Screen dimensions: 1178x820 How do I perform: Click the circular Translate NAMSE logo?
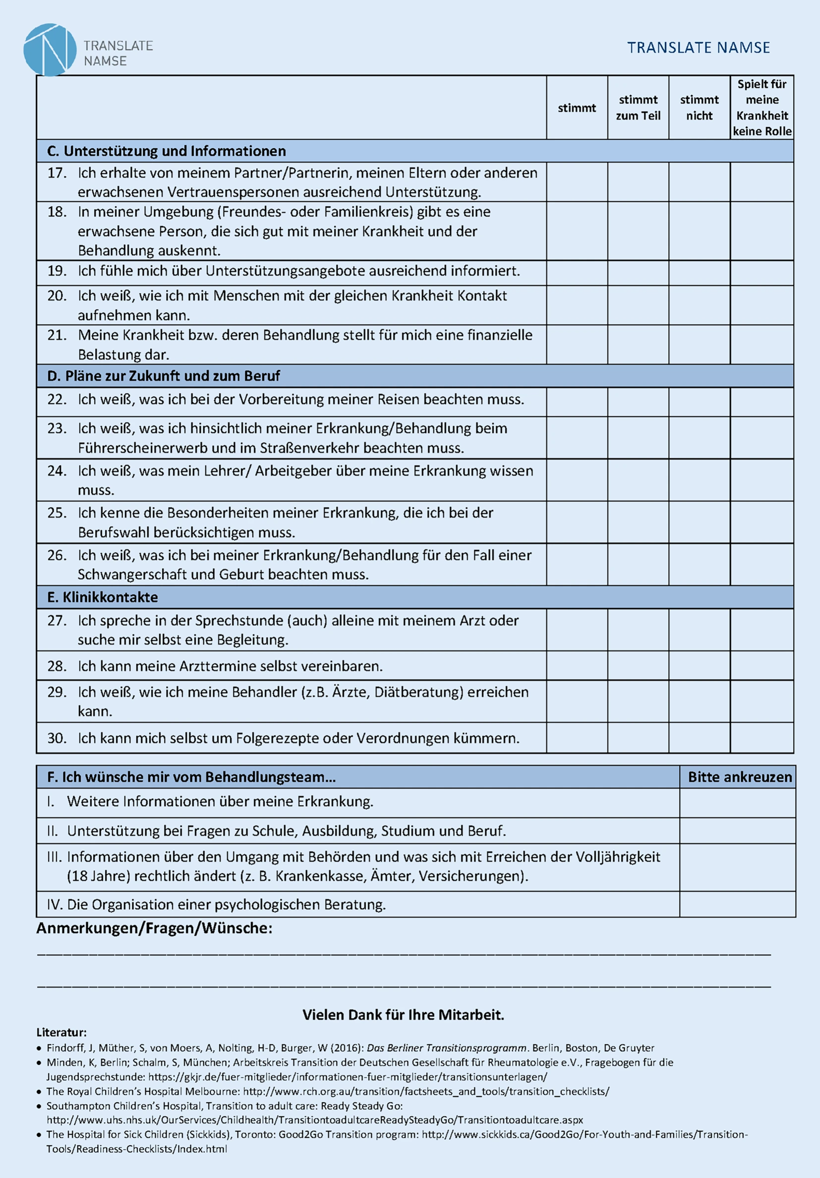coord(50,50)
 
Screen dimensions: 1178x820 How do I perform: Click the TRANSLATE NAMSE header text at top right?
coord(698,48)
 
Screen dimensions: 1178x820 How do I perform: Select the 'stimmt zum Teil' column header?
coord(638,108)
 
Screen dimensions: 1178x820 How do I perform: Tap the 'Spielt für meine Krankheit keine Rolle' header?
coord(762,108)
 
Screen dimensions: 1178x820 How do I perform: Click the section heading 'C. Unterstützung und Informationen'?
coord(166,151)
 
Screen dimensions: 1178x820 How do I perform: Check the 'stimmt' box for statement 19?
coord(577,273)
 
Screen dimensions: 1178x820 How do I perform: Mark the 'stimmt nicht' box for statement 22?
coord(700,402)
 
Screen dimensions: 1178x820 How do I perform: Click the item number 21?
coord(57,336)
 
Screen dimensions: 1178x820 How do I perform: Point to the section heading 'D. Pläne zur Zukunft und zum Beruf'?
coord(163,376)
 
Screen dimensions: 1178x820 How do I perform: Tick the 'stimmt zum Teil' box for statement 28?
coord(638,666)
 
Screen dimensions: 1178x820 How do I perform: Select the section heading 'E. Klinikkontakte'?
coord(102,597)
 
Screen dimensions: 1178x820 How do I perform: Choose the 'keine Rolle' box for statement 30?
coord(762,738)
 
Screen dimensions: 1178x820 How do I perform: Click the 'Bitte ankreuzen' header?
coord(739,777)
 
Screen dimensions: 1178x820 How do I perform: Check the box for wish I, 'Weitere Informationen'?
coord(737,802)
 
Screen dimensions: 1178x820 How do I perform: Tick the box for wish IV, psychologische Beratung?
coord(737,904)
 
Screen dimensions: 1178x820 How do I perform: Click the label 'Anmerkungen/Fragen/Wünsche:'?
coord(154,928)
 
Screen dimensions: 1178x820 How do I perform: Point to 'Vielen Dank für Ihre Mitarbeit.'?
coord(404,1015)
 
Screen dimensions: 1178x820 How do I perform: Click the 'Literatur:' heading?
coord(61,1032)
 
